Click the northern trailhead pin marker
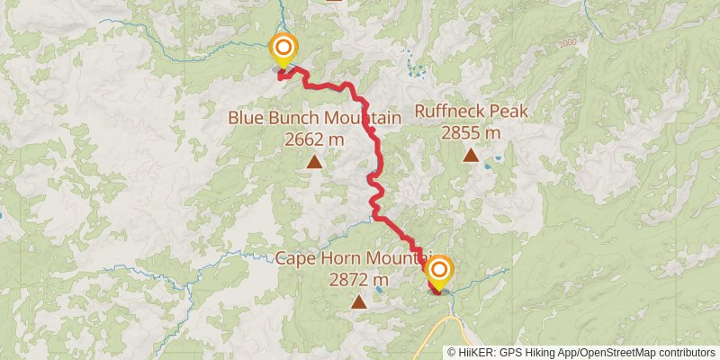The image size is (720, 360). pos(283,49)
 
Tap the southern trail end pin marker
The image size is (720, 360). pos(438,272)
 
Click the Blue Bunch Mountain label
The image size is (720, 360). pos(313,118)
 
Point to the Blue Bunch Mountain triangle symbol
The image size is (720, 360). pos(313,162)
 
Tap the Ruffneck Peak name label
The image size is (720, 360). pos(470,112)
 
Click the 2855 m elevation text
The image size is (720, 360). pos(470,132)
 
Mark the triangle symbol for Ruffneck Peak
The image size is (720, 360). pos(470,156)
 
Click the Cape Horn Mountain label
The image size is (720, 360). pos(353,259)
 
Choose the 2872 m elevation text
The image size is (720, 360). pos(358,279)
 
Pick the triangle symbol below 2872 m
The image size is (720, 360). pos(358,302)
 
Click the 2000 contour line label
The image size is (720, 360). pos(565,42)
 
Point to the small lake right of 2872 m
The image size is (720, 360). pos(383,288)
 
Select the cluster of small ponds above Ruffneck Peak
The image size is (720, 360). pos(414,67)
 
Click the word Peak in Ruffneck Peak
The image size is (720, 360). pos(507,112)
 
